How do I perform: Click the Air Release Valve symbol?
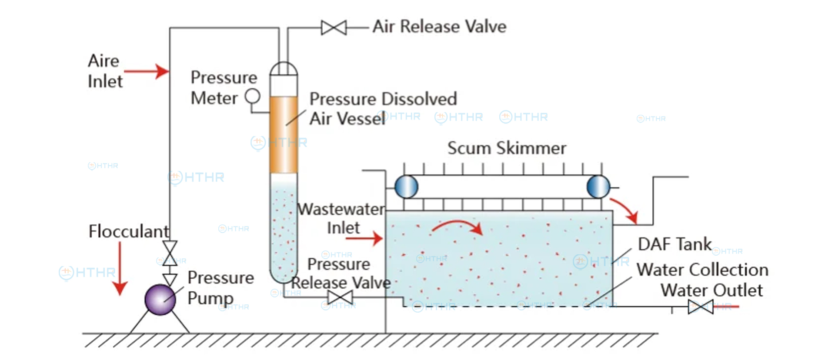[334, 28]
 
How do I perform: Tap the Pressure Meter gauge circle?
[253, 96]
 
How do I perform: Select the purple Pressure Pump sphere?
[160, 299]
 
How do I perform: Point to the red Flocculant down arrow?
[120, 269]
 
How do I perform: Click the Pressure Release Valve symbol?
[340, 297]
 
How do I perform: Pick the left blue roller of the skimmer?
[407, 187]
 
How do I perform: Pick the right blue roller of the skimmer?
[598, 187]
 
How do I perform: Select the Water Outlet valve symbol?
[700, 307]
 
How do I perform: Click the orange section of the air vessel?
[284, 135]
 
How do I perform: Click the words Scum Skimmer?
[507, 148]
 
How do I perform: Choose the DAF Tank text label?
[675, 244]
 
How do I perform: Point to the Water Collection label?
[702, 270]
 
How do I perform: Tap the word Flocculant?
[129, 231]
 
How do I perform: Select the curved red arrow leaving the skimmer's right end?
[624, 210]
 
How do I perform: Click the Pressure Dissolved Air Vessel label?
[383, 109]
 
